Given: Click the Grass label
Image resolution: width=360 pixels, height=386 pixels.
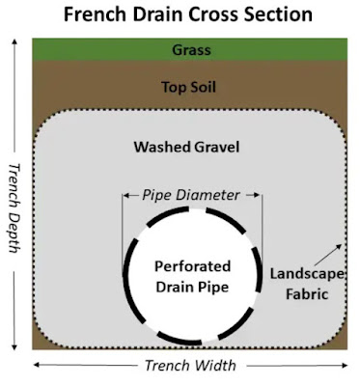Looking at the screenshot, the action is (x=191, y=50).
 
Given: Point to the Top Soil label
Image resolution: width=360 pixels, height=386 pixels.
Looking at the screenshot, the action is (x=188, y=87).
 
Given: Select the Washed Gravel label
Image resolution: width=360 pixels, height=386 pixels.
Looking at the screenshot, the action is (x=186, y=147).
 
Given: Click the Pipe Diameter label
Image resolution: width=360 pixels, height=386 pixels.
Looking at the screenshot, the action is (x=191, y=195).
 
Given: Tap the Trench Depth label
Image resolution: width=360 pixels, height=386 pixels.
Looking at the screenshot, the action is (x=14, y=207).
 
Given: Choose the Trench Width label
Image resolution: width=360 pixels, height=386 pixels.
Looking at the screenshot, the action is (x=190, y=366).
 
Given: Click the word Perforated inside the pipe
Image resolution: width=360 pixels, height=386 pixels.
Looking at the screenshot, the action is (x=192, y=266).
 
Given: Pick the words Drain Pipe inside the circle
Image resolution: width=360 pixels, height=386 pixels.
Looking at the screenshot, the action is (x=192, y=287).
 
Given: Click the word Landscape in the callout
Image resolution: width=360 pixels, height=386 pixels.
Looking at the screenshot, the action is (x=307, y=274).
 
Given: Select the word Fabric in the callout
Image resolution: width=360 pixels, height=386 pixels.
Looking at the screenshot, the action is (x=307, y=294).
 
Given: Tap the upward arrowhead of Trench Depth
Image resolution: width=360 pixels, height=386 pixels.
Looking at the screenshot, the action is (x=14, y=41).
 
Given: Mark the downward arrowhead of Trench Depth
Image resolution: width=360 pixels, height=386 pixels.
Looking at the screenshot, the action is (x=14, y=346).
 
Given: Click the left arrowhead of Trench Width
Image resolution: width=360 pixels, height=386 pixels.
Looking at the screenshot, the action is (x=37, y=365).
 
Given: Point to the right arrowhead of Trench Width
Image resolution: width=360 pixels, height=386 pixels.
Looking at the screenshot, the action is (x=345, y=365).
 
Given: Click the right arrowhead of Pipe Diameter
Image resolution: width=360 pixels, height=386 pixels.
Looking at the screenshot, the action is (x=257, y=195).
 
